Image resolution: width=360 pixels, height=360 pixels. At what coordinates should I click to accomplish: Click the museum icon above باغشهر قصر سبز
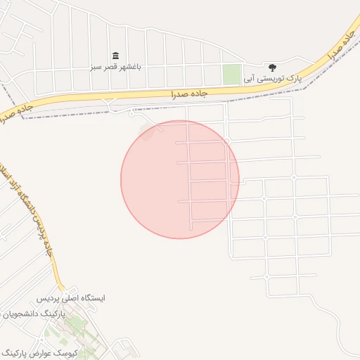pyautogui.click(x=115, y=56)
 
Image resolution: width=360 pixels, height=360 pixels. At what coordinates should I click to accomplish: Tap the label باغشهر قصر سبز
pyautogui.click(x=115, y=67)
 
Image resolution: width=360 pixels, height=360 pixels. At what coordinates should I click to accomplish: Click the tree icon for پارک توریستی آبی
pyautogui.click(x=272, y=67)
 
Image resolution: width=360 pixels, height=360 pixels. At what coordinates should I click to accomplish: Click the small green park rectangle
pyautogui.click(x=231, y=74)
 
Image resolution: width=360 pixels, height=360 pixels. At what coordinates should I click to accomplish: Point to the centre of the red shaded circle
pyautogui.click(x=180, y=179)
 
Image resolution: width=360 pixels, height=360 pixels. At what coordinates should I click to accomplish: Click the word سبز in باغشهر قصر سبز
pyautogui.click(x=96, y=67)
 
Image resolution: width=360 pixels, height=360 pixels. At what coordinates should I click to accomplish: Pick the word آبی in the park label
pyautogui.click(x=249, y=79)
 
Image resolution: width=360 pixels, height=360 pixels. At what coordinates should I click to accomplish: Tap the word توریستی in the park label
pyautogui.click(x=270, y=79)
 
